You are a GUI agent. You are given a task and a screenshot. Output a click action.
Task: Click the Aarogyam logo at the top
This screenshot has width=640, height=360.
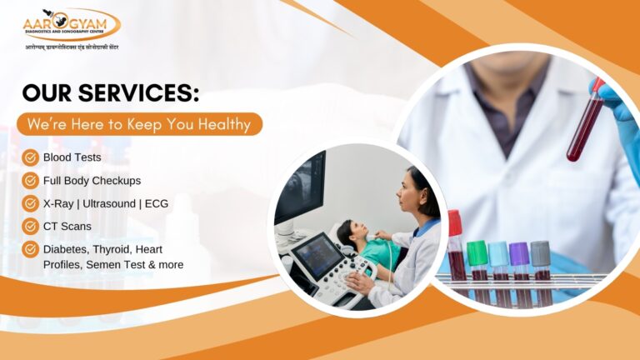pos(71,23)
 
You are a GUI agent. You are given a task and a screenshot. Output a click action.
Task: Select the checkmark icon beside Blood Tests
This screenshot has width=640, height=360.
pos(31,157)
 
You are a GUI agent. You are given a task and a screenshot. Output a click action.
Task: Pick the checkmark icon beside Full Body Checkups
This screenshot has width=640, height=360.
pos(31,180)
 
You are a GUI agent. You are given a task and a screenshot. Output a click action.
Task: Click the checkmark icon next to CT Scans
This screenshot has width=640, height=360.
pos(31,225)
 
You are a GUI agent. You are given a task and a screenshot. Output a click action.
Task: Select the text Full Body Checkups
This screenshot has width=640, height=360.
pos(92,180)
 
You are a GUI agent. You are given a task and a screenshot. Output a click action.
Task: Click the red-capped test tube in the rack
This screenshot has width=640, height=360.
pos(457,250)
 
